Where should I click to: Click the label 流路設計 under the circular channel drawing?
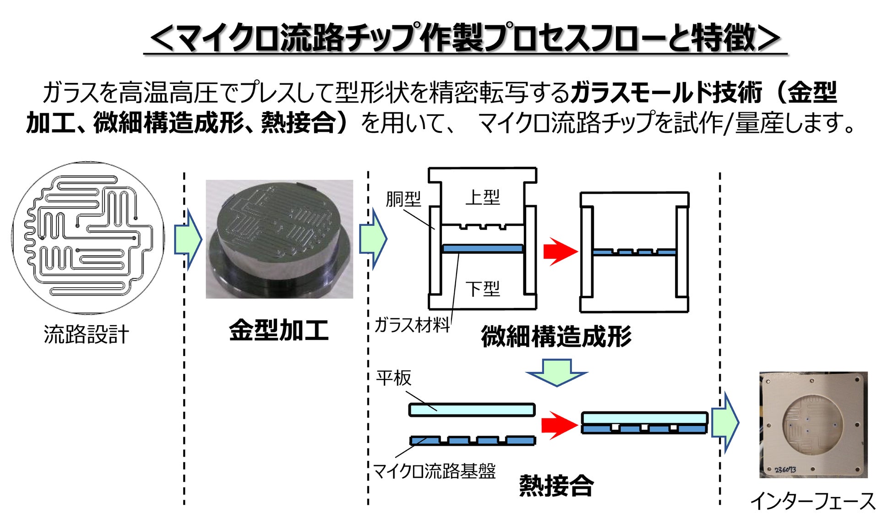pyautogui.click(x=87, y=334)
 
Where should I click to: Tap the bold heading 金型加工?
pyautogui.click(x=279, y=330)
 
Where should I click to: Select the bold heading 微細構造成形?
pyautogui.click(x=556, y=336)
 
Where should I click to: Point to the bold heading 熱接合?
pyautogui.click(x=556, y=485)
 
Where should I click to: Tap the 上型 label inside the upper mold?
pyautogui.click(x=483, y=197)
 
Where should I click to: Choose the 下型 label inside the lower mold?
pyautogui.click(x=483, y=289)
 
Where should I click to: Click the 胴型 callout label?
pyautogui.click(x=403, y=199)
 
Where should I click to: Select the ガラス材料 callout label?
pyautogui.click(x=412, y=325)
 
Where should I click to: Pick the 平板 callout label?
pyautogui.click(x=394, y=378)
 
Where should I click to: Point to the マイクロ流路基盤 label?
pyautogui.click(x=435, y=471)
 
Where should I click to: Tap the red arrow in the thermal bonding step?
pyautogui.click(x=559, y=425)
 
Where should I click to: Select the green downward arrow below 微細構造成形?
pyautogui.click(x=556, y=372)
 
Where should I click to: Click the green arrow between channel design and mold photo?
pyautogui.click(x=188, y=239)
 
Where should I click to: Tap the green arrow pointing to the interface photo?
pyautogui.click(x=725, y=422)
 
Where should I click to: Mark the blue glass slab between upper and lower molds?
pyautogui.click(x=482, y=249)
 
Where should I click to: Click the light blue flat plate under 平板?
pyautogui.click(x=472, y=410)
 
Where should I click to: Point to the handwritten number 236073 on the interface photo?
pyautogui.click(x=785, y=470)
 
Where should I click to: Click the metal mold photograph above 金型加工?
pyautogui.click(x=279, y=239)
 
